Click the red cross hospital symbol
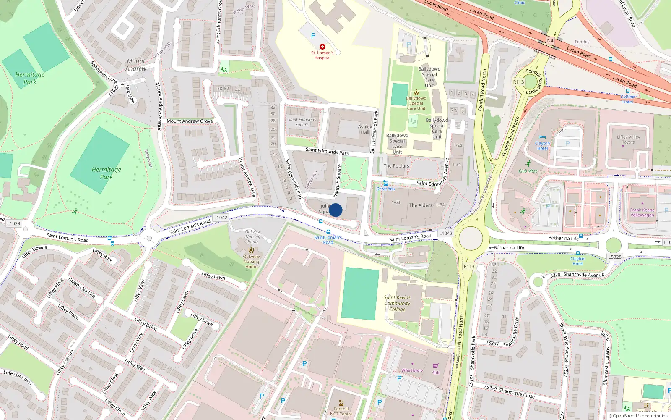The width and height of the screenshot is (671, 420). click(322, 47)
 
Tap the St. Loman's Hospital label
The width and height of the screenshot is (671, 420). click(322, 55)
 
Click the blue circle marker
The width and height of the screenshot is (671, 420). click(335, 210)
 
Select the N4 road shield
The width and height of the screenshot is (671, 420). click(550, 41)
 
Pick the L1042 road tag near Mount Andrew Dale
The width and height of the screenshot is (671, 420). click(221, 218)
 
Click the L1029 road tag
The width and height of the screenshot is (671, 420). click(13, 223)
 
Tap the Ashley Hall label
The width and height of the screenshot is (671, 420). click(365, 129)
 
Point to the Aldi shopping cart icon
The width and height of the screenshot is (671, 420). click(435, 366)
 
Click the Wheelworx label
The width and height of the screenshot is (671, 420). click(412, 370)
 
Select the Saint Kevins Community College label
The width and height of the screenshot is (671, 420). click(397, 303)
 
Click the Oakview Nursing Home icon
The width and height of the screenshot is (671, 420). click(251, 250)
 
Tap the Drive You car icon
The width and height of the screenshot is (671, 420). click(386, 183)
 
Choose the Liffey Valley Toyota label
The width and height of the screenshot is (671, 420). click(628, 139)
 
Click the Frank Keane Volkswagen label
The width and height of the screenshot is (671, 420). click(642, 213)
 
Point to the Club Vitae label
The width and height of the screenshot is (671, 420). click(528, 171)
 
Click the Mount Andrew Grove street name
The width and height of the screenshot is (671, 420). click(190, 121)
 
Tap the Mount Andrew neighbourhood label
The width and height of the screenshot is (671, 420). click(136, 65)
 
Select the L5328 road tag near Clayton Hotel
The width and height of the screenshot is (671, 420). click(615, 257)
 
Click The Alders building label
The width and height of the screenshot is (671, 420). click(420, 205)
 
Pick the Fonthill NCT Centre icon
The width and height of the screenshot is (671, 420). click(341, 402)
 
